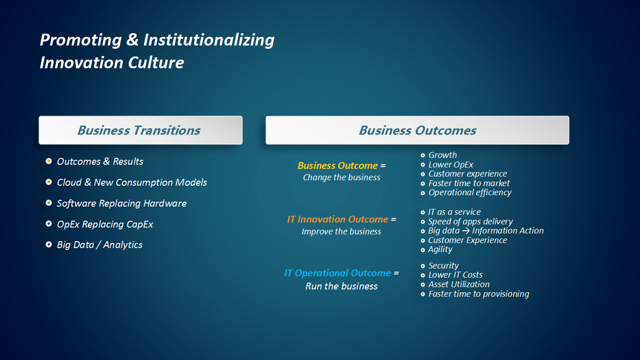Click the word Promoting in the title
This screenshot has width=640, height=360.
[81, 41]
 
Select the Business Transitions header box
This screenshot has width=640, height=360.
[141, 130]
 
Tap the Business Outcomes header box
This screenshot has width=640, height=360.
[417, 130]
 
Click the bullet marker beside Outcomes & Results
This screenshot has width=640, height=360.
[49, 161]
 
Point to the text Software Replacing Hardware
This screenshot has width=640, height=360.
[122, 203]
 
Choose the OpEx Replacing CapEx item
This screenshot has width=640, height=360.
[105, 224]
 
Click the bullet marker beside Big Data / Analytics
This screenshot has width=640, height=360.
[49, 244]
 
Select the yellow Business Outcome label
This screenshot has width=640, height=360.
[338, 166]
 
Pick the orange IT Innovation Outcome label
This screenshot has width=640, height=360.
[338, 219]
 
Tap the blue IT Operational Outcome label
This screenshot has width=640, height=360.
[338, 273]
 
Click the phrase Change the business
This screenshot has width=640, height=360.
[342, 177]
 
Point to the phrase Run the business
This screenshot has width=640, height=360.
[342, 286]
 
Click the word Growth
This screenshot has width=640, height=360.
[443, 155]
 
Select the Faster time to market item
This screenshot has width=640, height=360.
[469, 183]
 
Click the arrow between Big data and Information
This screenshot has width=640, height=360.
[466, 231]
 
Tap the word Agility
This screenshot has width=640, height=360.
[440, 249]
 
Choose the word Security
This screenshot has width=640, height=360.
[443, 266]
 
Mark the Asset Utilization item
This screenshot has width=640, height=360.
[459, 284]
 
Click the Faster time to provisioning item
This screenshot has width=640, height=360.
[479, 294]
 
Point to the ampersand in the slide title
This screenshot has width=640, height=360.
[132, 40]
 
